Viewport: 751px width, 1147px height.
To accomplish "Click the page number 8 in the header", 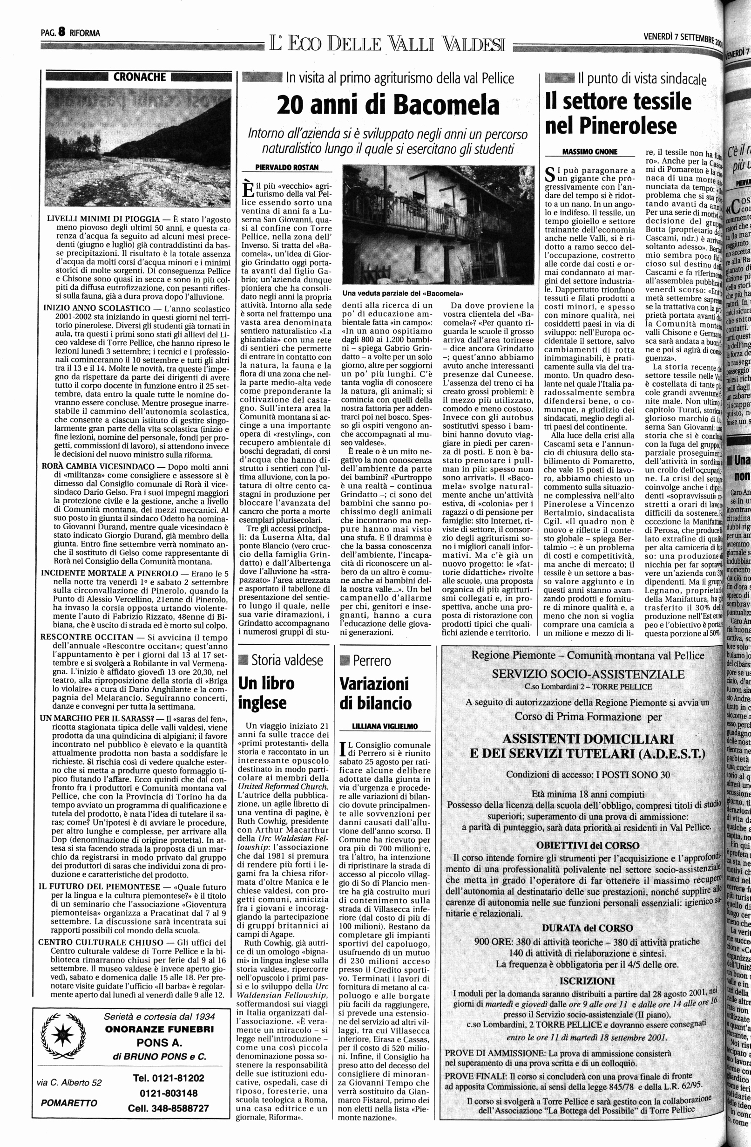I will (x=61, y=32).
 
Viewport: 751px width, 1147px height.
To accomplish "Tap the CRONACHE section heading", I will (x=140, y=77).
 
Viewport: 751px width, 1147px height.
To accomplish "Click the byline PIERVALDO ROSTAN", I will (x=287, y=167).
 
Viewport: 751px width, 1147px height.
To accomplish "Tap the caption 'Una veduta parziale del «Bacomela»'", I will (x=402, y=293).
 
